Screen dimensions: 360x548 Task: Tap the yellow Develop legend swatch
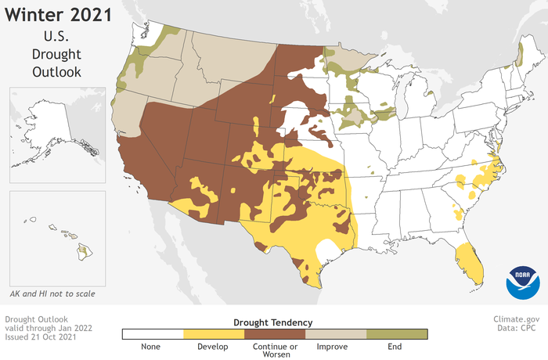click(214, 334)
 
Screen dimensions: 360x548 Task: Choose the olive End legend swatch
click(397, 334)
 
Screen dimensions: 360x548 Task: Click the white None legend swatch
click(153, 334)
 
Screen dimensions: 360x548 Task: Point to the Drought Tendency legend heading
click(273, 322)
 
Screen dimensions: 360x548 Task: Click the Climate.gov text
click(517, 319)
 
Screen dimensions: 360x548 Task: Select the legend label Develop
click(214, 346)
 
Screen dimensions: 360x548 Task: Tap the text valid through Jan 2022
click(49, 329)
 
